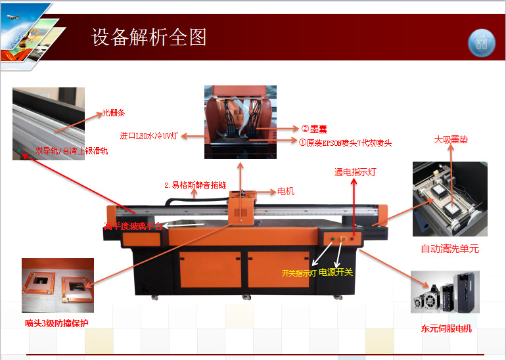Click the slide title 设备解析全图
tap(149, 37)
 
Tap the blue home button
tap(482, 43)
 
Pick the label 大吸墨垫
tap(451, 139)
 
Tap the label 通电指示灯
tap(355, 172)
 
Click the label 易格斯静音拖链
tap(195, 185)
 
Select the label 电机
tap(286, 192)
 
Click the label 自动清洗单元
tap(450, 249)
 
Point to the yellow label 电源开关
tap(336, 272)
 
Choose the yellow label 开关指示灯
tap(299, 273)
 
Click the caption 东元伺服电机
tap(446, 328)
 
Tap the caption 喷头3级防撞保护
tap(57, 323)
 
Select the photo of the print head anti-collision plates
tap(58, 286)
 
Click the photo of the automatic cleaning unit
tap(450, 198)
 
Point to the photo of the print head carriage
tap(240, 113)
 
